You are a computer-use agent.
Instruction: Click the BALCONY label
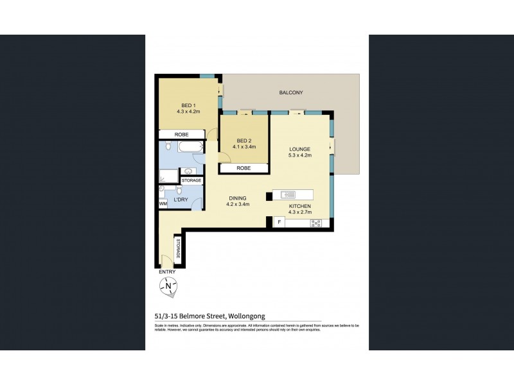[x=290, y=93]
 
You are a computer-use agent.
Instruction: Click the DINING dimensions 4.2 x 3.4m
[x=237, y=204]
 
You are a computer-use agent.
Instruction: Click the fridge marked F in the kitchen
[x=279, y=222]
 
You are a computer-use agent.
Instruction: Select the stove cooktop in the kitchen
[x=315, y=223]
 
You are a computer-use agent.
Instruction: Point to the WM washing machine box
[x=163, y=203]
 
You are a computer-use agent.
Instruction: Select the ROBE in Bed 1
[x=182, y=135]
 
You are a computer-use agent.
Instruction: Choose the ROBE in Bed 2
[x=244, y=168]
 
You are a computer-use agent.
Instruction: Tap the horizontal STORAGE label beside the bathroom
[x=191, y=181]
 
